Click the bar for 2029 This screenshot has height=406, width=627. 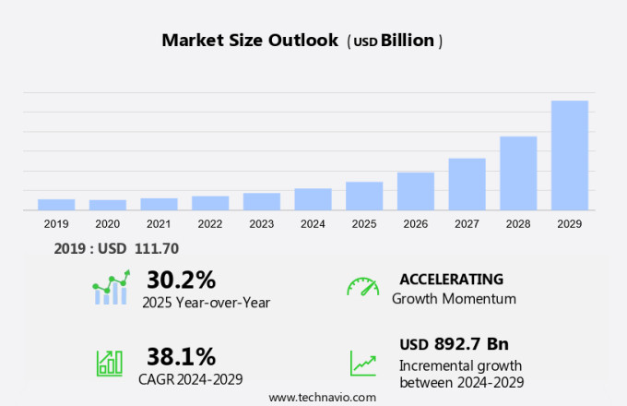click(570, 155)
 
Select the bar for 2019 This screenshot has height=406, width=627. click(56, 204)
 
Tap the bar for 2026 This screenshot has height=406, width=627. click(416, 191)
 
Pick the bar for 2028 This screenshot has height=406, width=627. click(518, 173)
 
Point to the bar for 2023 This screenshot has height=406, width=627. click(262, 201)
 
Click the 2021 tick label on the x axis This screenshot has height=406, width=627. click(159, 223)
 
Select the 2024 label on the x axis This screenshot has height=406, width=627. click(313, 223)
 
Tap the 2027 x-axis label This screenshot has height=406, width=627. click(467, 223)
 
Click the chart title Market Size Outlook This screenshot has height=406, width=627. click(249, 40)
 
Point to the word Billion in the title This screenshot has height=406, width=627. click(408, 41)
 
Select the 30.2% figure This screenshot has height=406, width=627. click(181, 280)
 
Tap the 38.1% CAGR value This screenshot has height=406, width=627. click(181, 356)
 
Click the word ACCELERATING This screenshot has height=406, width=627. click(451, 280)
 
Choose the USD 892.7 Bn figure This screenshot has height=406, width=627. click(454, 344)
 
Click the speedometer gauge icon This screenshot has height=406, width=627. click(362, 287)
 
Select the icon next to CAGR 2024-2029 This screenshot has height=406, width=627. click(110, 363)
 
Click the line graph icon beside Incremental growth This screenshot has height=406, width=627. click(362, 363)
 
